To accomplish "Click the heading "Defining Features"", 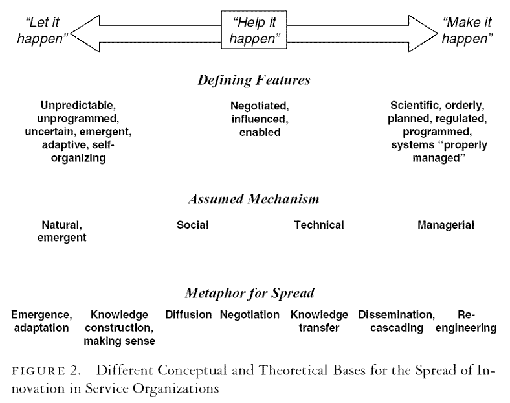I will (254, 80).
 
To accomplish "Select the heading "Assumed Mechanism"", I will (254, 200).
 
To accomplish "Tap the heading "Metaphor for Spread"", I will (254, 293).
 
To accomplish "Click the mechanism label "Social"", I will (192, 225).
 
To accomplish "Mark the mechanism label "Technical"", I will (319, 225).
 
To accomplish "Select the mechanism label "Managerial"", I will (446, 225).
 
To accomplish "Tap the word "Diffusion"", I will (188, 315).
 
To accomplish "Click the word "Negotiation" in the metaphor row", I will (250, 315).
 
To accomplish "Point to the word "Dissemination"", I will (396, 315).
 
